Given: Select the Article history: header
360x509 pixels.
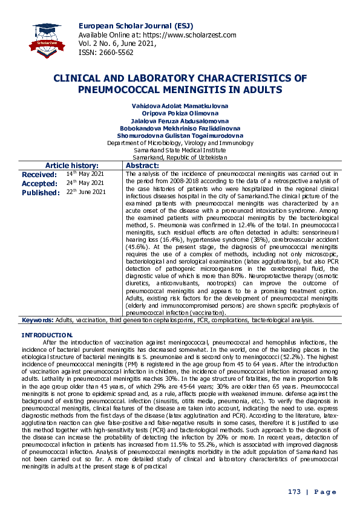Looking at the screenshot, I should tap(72, 166).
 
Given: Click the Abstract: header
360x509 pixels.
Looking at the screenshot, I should tap(142, 166).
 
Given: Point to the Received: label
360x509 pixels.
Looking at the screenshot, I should tap(39, 174).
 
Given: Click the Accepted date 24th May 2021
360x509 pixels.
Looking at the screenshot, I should tap(85, 183).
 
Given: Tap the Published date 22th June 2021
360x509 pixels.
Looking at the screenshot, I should tap(85, 192).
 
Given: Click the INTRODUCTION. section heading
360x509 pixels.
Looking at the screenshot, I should tap(47, 335).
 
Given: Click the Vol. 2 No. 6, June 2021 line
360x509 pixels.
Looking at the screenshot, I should tap(117, 44).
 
